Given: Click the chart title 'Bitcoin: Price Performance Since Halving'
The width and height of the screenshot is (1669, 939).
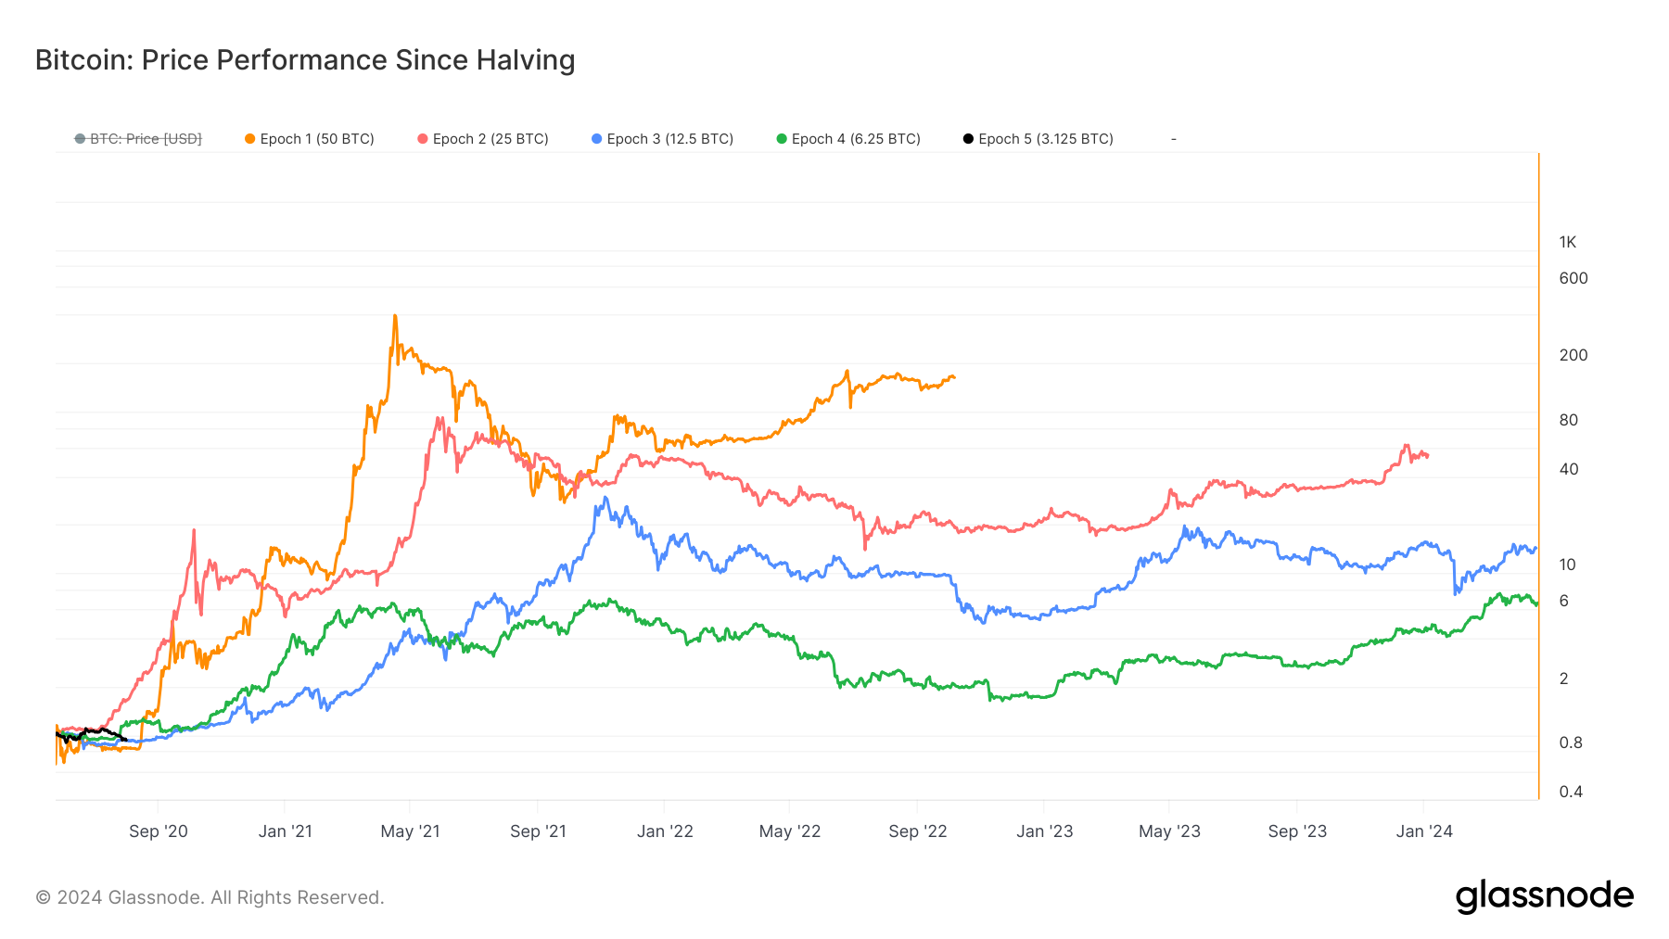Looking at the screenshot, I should [305, 60].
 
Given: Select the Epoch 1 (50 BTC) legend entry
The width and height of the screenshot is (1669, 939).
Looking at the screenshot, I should [310, 139].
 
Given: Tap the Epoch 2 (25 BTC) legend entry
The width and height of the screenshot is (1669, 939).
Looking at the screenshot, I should [483, 139].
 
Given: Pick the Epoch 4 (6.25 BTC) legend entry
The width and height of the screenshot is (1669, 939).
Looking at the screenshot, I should [848, 139].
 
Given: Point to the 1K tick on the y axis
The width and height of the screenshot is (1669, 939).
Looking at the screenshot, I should [1567, 243].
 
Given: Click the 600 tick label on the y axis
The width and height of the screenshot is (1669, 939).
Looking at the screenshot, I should [1573, 278].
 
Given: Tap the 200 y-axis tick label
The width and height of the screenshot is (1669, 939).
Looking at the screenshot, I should [1573, 355].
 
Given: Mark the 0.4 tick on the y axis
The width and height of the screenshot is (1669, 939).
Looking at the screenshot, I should [1571, 792].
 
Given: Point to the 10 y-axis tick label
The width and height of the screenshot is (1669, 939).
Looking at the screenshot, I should [1567, 565].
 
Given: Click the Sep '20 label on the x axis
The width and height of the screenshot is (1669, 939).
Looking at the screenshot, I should [159, 831].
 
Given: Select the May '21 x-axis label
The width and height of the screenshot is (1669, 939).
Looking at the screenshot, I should [410, 831].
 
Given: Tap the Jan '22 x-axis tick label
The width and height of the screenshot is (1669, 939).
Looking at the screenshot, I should [665, 831].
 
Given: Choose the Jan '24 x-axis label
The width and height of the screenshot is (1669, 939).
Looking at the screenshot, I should [1424, 831].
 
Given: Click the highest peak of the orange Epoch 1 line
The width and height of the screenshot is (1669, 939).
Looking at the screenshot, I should [395, 317].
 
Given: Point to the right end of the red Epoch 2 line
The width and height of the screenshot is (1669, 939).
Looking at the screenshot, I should [1427, 455].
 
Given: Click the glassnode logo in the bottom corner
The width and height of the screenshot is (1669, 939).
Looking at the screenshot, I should [1544, 896].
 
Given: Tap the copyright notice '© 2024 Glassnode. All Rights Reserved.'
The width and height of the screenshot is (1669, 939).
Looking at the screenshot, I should [210, 897].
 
